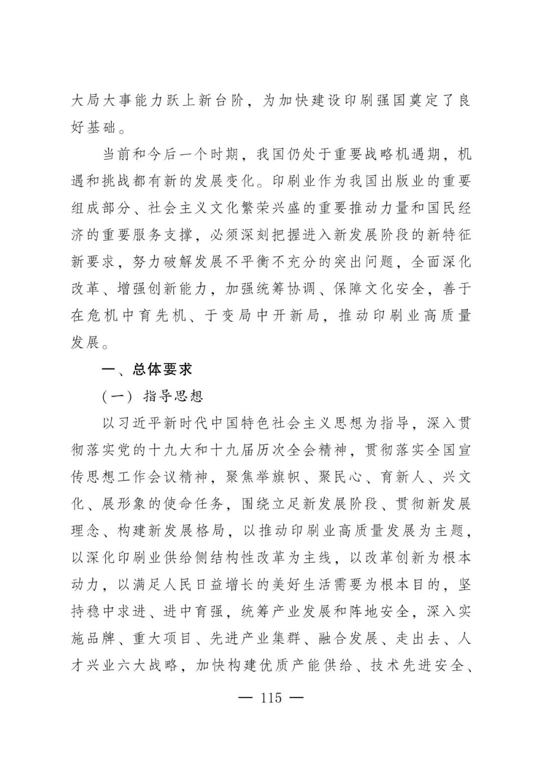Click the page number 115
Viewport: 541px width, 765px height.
[x=271, y=698]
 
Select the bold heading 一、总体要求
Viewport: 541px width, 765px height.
[x=147, y=370]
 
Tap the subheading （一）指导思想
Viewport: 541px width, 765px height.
[x=152, y=397]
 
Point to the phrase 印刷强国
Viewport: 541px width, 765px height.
[x=375, y=100]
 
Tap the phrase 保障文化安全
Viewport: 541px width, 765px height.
[x=380, y=290]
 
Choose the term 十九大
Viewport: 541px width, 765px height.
[x=164, y=450]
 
